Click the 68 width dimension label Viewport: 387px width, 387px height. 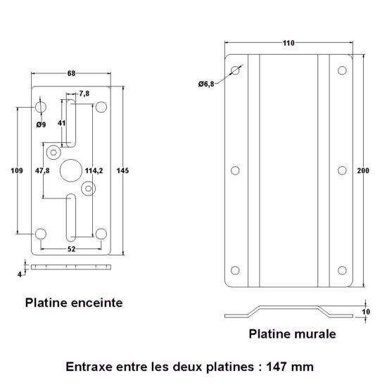(71, 73)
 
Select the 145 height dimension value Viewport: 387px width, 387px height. (122, 170)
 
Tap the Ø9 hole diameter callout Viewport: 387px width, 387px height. (41, 125)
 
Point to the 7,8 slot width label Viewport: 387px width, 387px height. (84, 94)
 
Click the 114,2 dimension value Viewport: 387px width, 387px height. (94, 170)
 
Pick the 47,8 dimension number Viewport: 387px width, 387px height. (42, 170)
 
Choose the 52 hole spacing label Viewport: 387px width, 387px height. (71, 249)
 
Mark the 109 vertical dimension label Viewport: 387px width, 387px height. (17, 170)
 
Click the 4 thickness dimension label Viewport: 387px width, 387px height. (20, 274)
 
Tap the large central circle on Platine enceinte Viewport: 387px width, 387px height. (71, 170)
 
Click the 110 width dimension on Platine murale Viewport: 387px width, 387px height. (288, 43)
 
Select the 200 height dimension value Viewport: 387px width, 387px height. (363, 170)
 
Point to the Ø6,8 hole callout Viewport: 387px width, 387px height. (206, 84)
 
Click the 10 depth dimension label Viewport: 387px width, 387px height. (366, 312)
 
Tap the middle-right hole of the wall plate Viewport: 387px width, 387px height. (342, 170)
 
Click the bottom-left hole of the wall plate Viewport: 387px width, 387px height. (235, 270)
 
